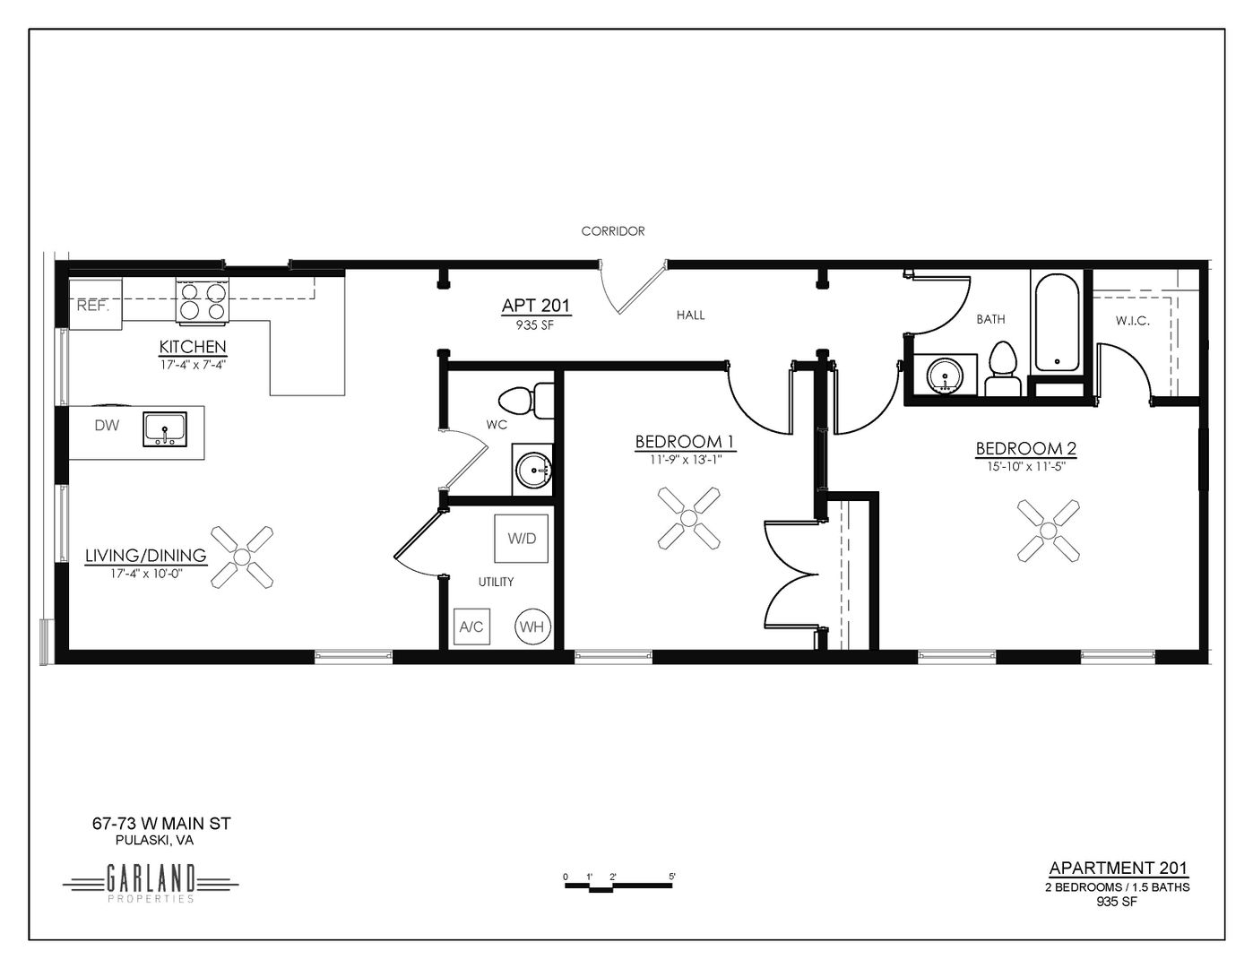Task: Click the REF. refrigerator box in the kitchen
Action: (x=95, y=304)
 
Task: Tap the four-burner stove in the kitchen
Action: (x=203, y=301)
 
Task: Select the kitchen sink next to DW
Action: (x=165, y=429)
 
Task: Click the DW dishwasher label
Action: (x=107, y=426)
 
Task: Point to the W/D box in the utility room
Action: (x=522, y=539)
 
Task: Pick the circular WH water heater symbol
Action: (x=532, y=627)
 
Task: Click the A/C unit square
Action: (x=471, y=627)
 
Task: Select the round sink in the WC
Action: (x=533, y=470)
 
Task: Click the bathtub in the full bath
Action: (x=1057, y=323)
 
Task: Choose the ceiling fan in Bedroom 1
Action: (x=688, y=518)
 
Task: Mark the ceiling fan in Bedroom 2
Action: (x=1049, y=531)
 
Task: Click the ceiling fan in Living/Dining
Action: (x=242, y=557)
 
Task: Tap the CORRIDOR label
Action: (x=613, y=231)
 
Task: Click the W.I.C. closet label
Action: (x=1133, y=321)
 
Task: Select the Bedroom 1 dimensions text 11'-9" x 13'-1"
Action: (x=685, y=460)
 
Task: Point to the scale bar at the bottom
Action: (x=618, y=885)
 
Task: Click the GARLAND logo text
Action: (x=151, y=880)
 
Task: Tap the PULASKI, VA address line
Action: (x=154, y=841)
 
